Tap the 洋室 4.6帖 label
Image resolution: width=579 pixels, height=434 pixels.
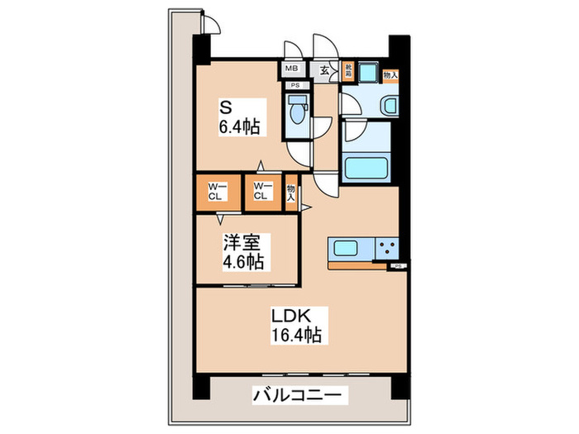point(243,252)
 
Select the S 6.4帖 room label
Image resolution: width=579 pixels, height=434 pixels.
point(240,117)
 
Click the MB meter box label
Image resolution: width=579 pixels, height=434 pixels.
point(291,69)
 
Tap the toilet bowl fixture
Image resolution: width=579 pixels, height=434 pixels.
point(296,110)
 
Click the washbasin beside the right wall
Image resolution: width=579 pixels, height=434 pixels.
point(390,105)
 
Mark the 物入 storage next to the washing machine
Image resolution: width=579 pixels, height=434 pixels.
point(391,74)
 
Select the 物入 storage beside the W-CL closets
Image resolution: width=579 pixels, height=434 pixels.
point(291,193)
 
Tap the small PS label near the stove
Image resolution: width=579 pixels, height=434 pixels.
point(397,265)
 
